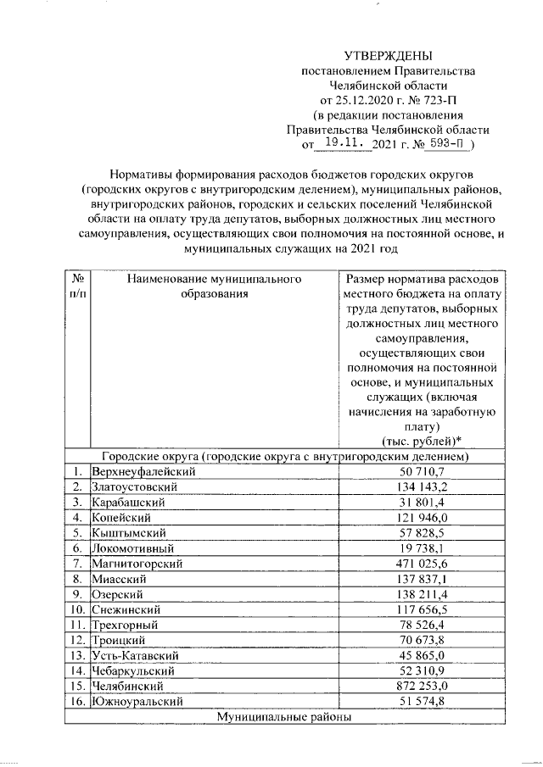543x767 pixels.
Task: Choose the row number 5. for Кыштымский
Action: click(77, 532)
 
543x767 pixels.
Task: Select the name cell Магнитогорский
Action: click(138, 563)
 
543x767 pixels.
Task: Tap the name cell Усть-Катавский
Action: click(137, 654)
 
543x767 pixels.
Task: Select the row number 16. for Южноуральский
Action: click(77, 700)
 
